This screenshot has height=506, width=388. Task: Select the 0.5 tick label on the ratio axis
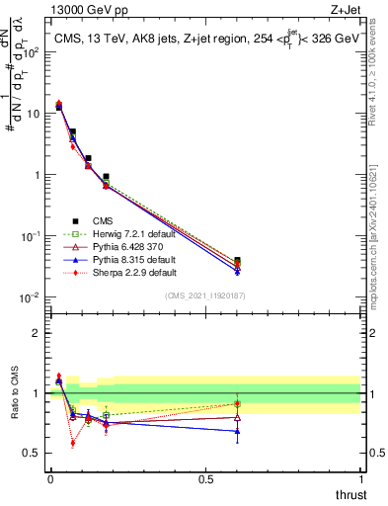pos(33,454)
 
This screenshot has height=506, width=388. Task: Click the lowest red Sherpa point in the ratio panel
pos(73,443)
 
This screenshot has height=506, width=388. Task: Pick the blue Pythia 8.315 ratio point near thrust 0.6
pos(237,431)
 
